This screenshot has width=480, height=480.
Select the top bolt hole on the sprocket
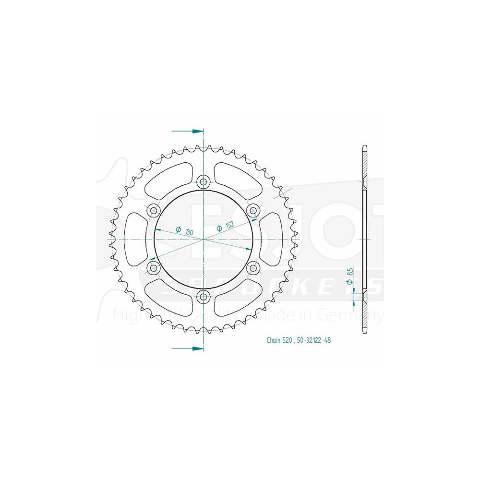pyautogui.click(x=204, y=181)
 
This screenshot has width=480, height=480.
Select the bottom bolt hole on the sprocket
pyautogui.click(x=204, y=296)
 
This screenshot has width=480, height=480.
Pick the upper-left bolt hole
pyautogui.click(x=154, y=210)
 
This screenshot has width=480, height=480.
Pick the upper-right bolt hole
pyautogui.click(x=253, y=210)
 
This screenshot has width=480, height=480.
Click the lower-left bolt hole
pyautogui.click(x=154, y=267)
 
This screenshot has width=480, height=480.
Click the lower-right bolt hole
pyautogui.click(x=253, y=267)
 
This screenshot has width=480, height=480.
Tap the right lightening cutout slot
pyautogui.click(x=272, y=239)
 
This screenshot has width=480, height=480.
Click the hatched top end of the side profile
pyautogui.click(x=364, y=163)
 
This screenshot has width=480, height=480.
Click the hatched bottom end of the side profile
pyautogui.click(x=364, y=314)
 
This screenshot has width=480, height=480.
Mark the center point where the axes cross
pyautogui.click(x=204, y=239)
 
